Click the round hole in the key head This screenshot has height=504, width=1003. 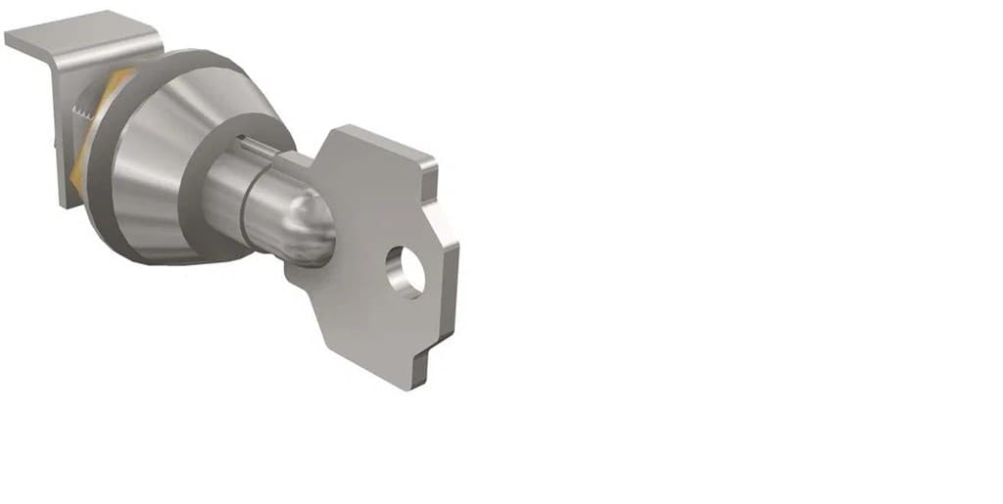tap(405, 271)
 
